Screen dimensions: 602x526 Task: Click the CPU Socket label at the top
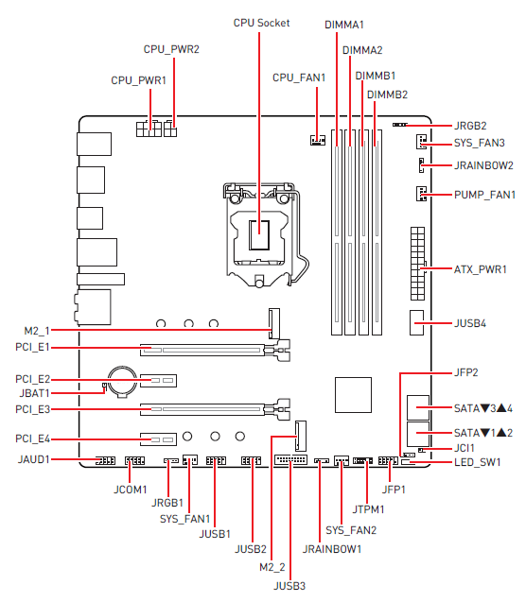260,22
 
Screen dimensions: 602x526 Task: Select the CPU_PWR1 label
138,81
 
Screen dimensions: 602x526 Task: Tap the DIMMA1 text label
343,22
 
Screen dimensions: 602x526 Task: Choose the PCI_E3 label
59,410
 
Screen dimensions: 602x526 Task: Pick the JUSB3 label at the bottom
291,586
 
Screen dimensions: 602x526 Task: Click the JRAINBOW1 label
332,549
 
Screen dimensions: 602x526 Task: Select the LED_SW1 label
479,462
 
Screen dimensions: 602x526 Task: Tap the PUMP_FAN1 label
483,196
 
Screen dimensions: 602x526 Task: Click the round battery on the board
121,381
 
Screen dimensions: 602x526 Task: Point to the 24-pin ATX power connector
415,261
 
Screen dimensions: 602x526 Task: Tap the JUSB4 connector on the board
417,323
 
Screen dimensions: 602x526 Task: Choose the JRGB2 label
470,125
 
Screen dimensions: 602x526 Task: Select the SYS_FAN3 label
479,144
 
